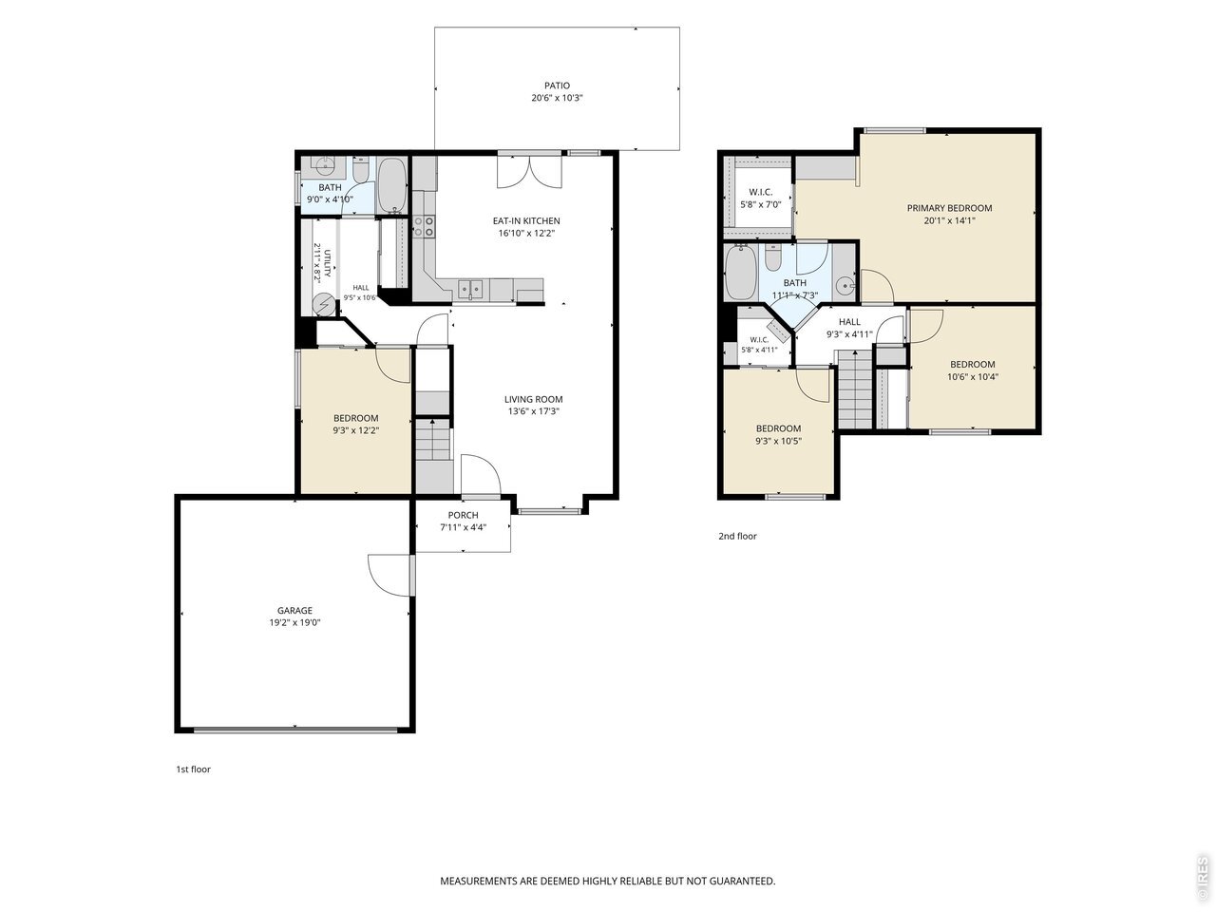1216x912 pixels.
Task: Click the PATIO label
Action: click(x=557, y=85)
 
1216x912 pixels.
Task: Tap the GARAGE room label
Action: click(x=294, y=610)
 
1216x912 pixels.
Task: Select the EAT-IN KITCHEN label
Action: click(x=526, y=221)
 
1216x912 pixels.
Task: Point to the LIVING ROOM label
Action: click(x=534, y=399)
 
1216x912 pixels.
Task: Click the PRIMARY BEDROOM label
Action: click(x=949, y=208)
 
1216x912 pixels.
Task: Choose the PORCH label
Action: click(x=464, y=516)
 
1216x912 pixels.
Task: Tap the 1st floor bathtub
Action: click(x=392, y=185)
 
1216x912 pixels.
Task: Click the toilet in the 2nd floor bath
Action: click(x=772, y=256)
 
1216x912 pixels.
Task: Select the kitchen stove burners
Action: click(x=425, y=226)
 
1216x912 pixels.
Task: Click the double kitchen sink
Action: click(x=470, y=289)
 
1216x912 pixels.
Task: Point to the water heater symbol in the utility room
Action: click(x=323, y=305)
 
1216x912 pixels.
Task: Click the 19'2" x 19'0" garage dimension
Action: click(x=294, y=622)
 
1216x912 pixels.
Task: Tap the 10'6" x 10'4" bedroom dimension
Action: click(x=973, y=377)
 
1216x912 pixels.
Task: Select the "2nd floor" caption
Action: click(x=737, y=536)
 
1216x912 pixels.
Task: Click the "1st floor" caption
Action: click(x=194, y=769)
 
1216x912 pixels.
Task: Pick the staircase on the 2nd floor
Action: click(x=855, y=389)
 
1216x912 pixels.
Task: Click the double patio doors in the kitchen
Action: click(x=529, y=172)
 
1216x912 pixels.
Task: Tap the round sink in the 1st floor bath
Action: click(x=323, y=165)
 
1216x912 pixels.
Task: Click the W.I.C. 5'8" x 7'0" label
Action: click(x=761, y=199)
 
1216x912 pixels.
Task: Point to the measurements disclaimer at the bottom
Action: click(x=608, y=881)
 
